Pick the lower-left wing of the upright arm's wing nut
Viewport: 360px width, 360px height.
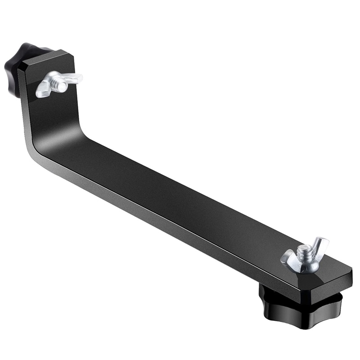[x=43, y=90]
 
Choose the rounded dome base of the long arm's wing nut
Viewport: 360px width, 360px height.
[x=306, y=265]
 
